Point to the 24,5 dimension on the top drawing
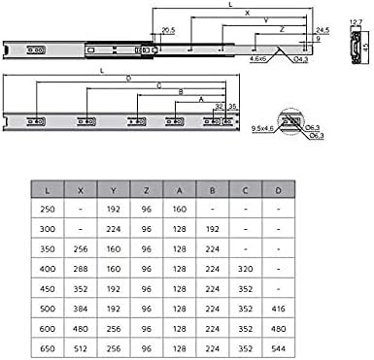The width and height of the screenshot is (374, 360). pos(322,29)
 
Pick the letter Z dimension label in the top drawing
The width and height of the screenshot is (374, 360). pos(280,31)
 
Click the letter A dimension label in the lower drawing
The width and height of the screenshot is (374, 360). pos(200,100)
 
